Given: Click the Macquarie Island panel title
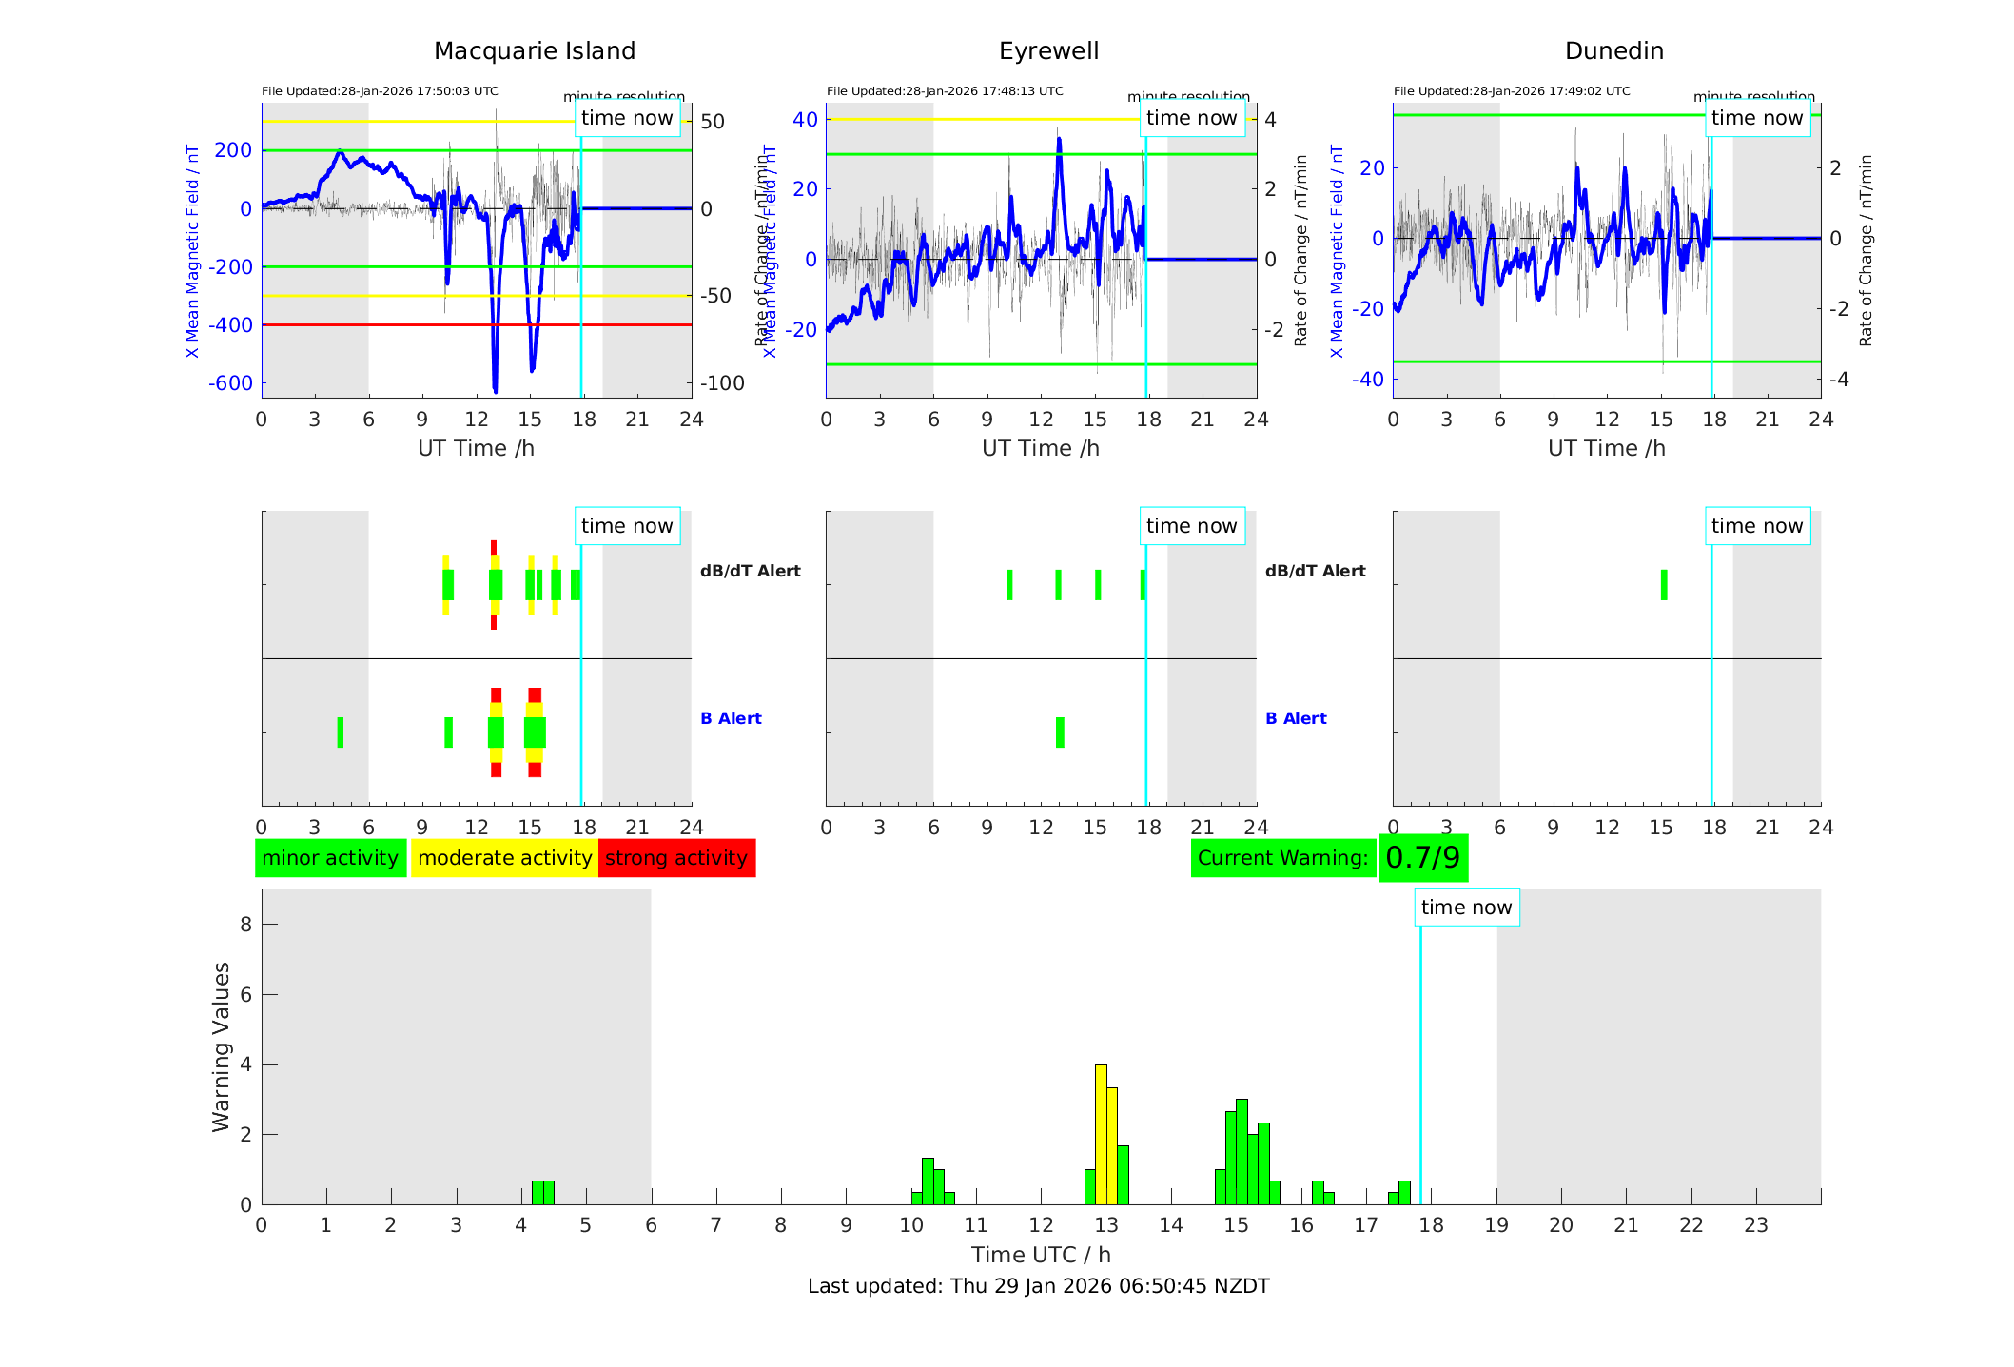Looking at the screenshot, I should pyautogui.click(x=534, y=51).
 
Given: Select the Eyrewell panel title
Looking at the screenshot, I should pyautogui.click(x=1048, y=51).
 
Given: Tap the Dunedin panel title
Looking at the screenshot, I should pyautogui.click(x=1613, y=51).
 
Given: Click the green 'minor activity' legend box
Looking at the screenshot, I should pyautogui.click(x=330, y=858).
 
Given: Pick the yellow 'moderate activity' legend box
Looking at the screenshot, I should pyautogui.click(x=504, y=858).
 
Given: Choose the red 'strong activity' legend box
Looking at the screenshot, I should pyautogui.click(x=676, y=858).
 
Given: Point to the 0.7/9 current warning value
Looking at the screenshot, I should pyautogui.click(x=1422, y=858).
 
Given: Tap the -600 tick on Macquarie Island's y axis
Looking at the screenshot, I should pyautogui.click(x=231, y=383).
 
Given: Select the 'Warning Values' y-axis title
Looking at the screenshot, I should pyautogui.click(x=222, y=1046).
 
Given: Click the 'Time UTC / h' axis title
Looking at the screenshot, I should pyautogui.click(x=1041, y=1255).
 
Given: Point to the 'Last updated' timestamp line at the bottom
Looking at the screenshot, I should pyautogui.click(x=1038, y=1286).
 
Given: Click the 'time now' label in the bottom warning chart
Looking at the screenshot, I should pyautogui.click(x=1466, y=908).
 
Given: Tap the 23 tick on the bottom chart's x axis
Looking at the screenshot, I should pyautogui.click(x=1756, y=1225).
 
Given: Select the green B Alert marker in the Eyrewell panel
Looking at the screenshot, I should pyautogui.click(x=1060, y=732).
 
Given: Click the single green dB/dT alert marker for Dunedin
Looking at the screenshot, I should pyautogui.click(x=1664, y=585).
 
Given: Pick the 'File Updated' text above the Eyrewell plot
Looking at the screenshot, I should pyautogui.click(x=945, y=91).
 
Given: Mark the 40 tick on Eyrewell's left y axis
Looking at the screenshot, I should pyautogui.click(x=805, y=119).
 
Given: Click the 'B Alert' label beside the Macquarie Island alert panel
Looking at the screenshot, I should pyautogui.click(x=731, y=718).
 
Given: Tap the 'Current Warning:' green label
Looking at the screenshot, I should pyautogui.click(x=1282, y=858).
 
